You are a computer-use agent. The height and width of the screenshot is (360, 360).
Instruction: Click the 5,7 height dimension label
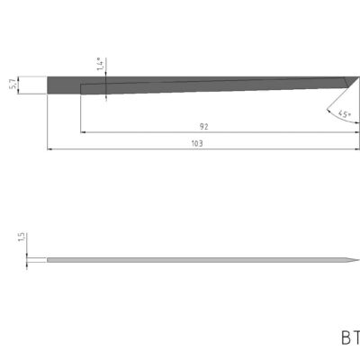[12, 84]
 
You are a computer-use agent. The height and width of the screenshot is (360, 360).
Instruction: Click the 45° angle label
[343, 114]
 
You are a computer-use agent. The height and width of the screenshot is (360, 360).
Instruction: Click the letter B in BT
[346, 339]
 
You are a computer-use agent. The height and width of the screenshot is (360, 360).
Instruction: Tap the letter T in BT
[357, 339]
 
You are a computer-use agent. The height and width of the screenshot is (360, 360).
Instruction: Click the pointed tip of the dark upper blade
[358, 77]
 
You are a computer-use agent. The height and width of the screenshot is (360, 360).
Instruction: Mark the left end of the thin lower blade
[48, 261]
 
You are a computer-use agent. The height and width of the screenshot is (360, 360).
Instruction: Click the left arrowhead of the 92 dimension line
[84, 133]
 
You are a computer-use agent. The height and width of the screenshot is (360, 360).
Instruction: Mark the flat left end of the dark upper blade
[48, 85]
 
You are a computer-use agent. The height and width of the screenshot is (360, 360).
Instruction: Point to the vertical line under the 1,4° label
[106, 85]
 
